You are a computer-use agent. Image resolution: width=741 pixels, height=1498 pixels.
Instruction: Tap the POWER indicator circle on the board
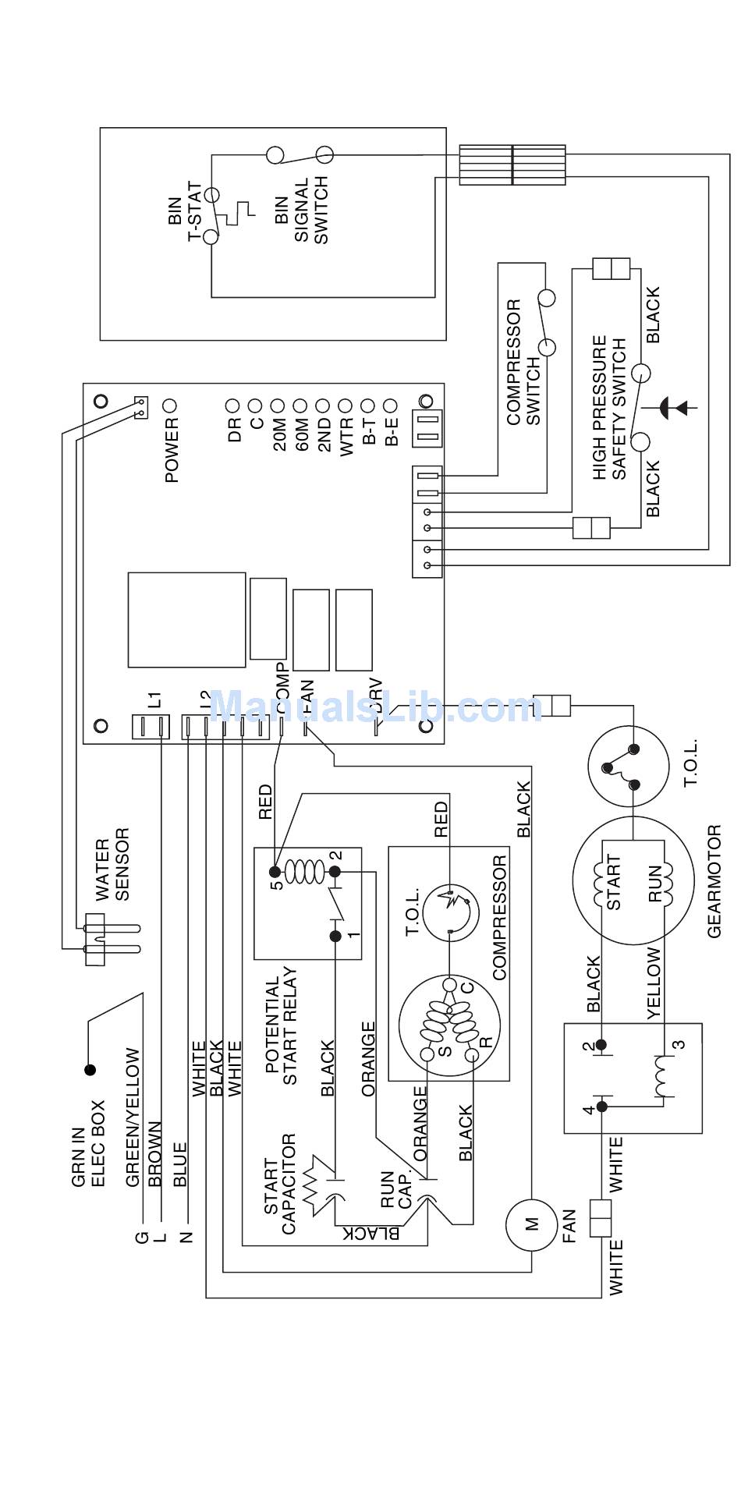(170, 405)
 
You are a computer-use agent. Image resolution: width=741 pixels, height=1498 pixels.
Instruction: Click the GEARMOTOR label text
(714, 881)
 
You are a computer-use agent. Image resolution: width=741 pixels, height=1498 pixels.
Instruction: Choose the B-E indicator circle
(391, 405)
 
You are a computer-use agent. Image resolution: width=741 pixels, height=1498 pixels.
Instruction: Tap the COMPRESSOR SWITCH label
(523, 362)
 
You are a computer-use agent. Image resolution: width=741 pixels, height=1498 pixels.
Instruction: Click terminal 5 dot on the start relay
(275, 870)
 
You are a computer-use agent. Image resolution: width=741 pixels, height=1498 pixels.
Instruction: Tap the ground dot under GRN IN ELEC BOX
(90, 1070)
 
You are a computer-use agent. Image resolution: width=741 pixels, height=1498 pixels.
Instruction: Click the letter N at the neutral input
(186, 1237)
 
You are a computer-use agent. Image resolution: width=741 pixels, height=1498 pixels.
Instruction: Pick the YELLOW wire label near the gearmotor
(654, 983)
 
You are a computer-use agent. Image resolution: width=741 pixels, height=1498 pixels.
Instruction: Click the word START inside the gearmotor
(615, 882)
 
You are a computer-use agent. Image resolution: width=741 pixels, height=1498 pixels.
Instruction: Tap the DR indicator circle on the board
(232, 405)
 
